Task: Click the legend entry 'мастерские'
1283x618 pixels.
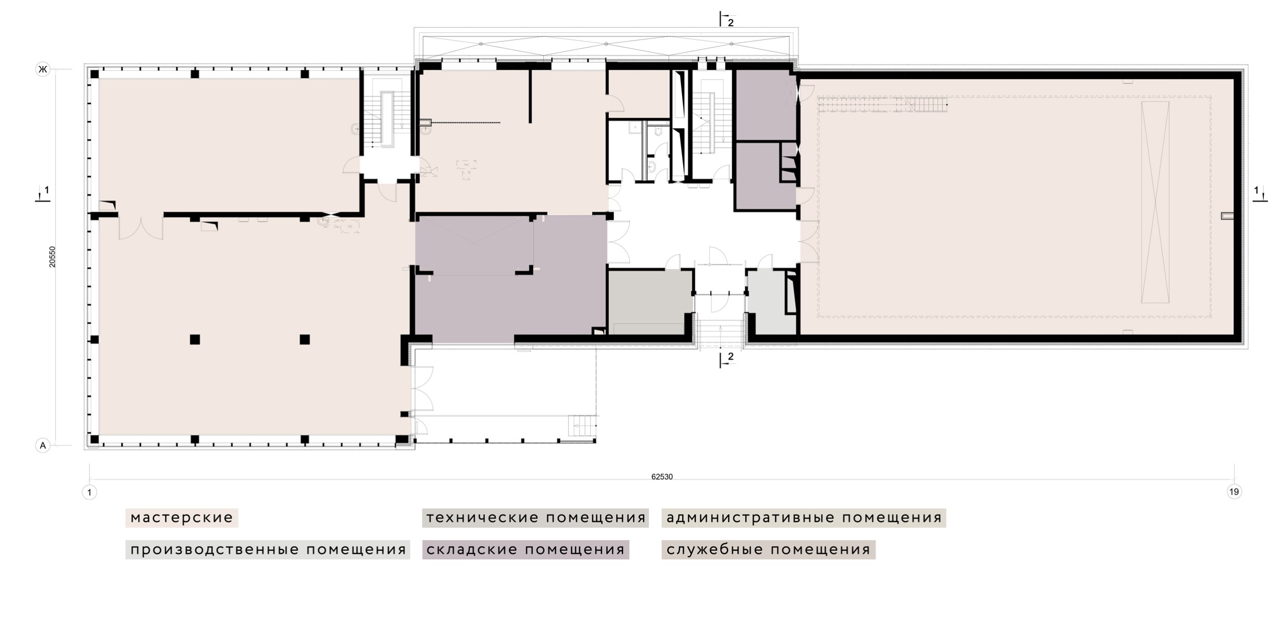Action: coord(182,517)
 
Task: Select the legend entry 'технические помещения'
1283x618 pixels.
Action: coord(535,517)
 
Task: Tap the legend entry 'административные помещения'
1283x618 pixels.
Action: coord(804,517)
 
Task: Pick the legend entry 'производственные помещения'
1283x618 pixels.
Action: coord(268,550)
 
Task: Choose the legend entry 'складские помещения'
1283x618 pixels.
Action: coord(526,550)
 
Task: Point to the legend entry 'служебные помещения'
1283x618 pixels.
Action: coord(768,550)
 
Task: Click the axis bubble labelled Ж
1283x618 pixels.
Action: coord(43,69)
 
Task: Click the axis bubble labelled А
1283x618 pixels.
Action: coord(43,446)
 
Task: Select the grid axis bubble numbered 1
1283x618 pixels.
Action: coord(89,492)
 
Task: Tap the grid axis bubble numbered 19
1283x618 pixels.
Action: coord(1234,492)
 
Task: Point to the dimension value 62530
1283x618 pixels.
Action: coord(662,476)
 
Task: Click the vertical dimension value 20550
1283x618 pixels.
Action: coord(52,257)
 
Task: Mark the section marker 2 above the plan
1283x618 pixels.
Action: coord(727,19)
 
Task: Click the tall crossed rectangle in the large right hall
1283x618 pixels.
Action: coord(1155,202)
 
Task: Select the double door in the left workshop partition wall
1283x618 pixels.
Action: coord(141,227)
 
